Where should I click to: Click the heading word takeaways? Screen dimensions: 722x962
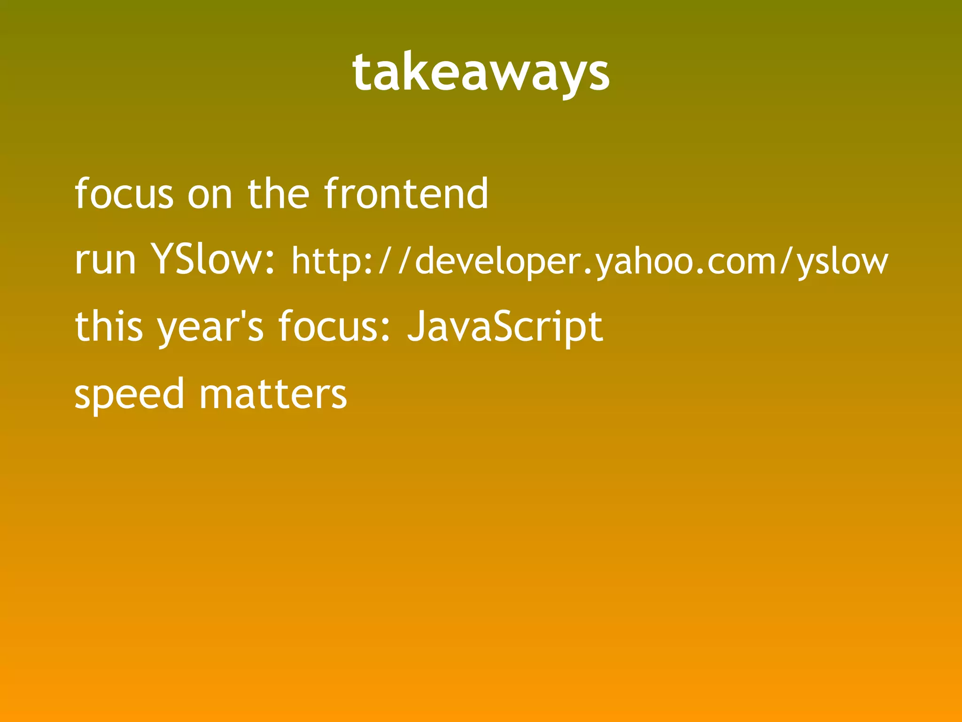481,73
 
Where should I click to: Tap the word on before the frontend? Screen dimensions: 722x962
209,194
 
